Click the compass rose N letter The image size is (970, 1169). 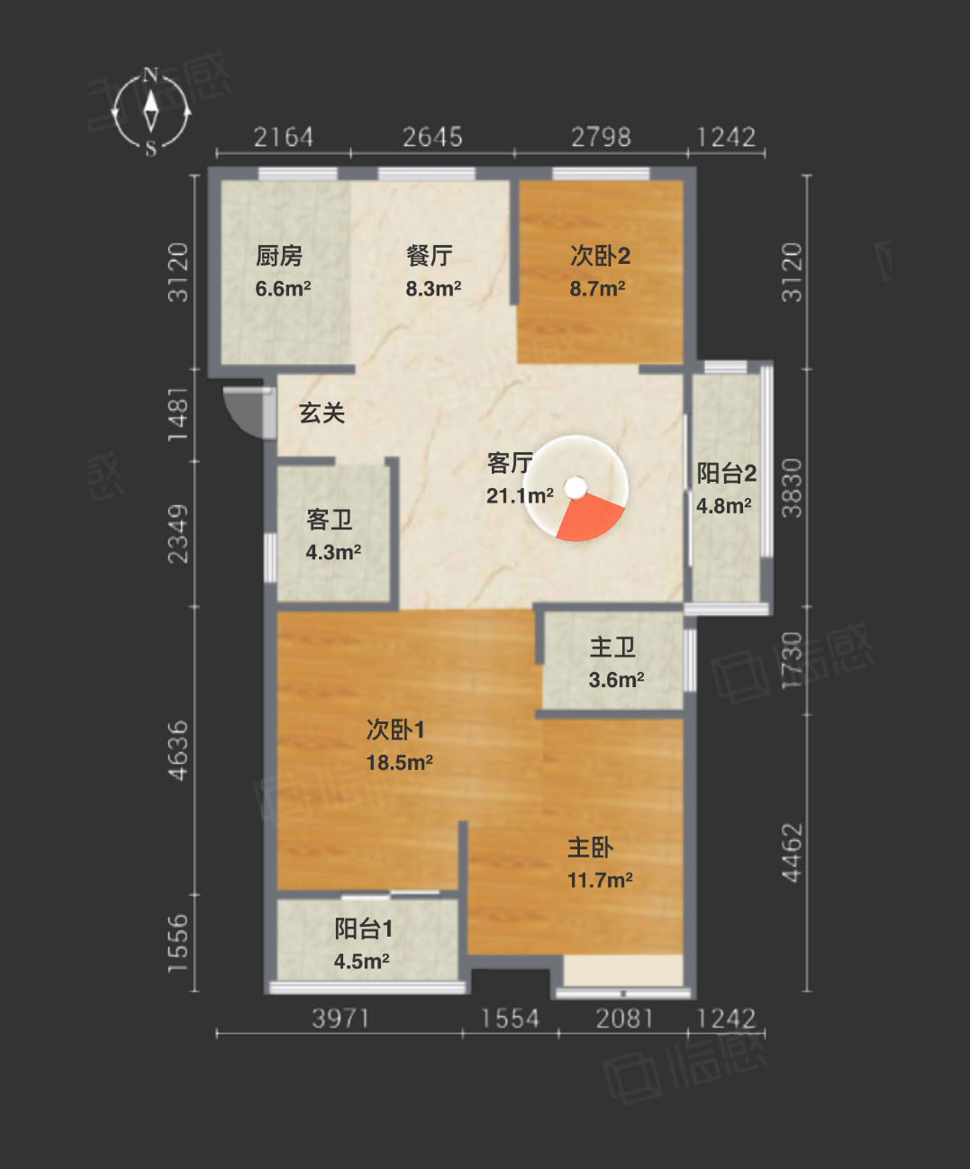[150, 75]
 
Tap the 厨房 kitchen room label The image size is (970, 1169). [279, 257]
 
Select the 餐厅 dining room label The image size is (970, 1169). [430, 257]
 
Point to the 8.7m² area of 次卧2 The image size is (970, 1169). [597, 289]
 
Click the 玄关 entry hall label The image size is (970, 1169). [322, 413]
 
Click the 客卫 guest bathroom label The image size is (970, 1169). [330, 521]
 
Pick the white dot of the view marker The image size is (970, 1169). [576, 487]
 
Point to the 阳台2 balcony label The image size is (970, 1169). [727, 474]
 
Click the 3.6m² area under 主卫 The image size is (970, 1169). [616, 680]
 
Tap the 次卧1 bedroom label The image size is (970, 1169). [395, 730]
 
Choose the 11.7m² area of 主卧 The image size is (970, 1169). [601, 881]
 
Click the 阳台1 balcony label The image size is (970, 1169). [364, 929]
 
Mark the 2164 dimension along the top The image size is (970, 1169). [284, 137]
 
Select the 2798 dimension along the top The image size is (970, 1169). [601, 137]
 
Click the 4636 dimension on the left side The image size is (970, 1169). [178, 751]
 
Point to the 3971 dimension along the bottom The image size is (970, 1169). [340, 1019]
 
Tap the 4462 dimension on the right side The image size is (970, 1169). [792, 853]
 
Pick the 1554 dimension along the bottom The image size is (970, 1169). [510, 1019]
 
